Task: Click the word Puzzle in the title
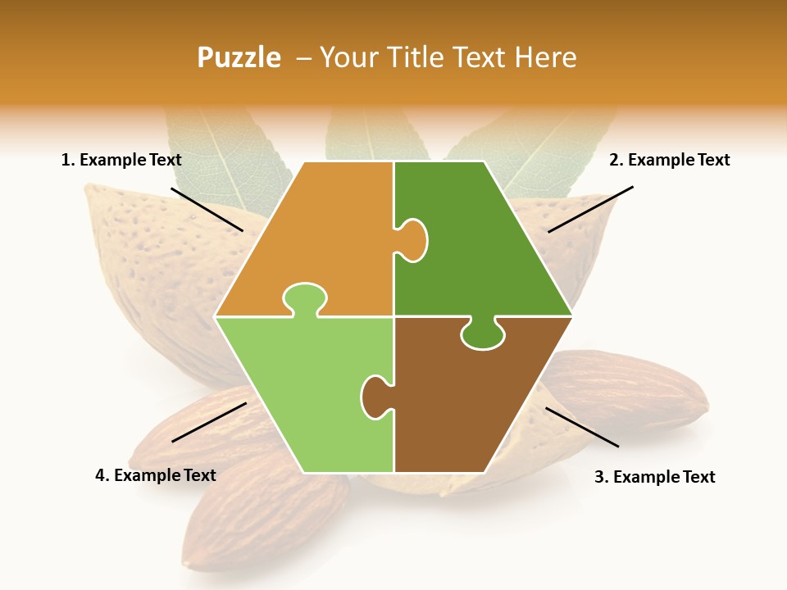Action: click(x=239, y=58)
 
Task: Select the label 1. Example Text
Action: click(x=121, y=160)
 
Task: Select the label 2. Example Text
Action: click(x=669, y=160)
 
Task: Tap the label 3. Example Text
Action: click(x=654, y=477)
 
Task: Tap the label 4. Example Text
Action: click(x=156, y=475)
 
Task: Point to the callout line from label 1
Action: click(x=207, y=209)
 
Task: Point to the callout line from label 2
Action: click(x=590, y=209)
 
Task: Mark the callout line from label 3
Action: click(x=582, y=427)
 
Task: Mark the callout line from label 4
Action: click(x=209, y=422)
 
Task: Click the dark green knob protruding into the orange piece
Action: click(x=413, y=240)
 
